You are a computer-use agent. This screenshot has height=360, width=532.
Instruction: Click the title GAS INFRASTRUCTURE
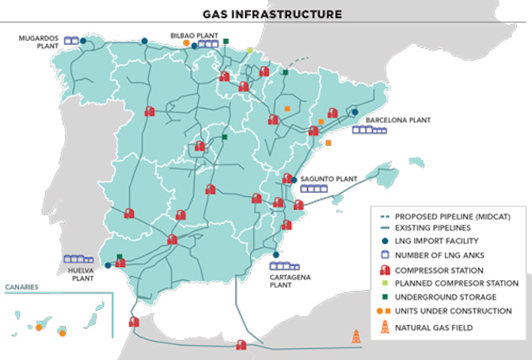(266, 14)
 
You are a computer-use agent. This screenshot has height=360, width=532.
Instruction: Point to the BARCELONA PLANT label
(397, 120)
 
